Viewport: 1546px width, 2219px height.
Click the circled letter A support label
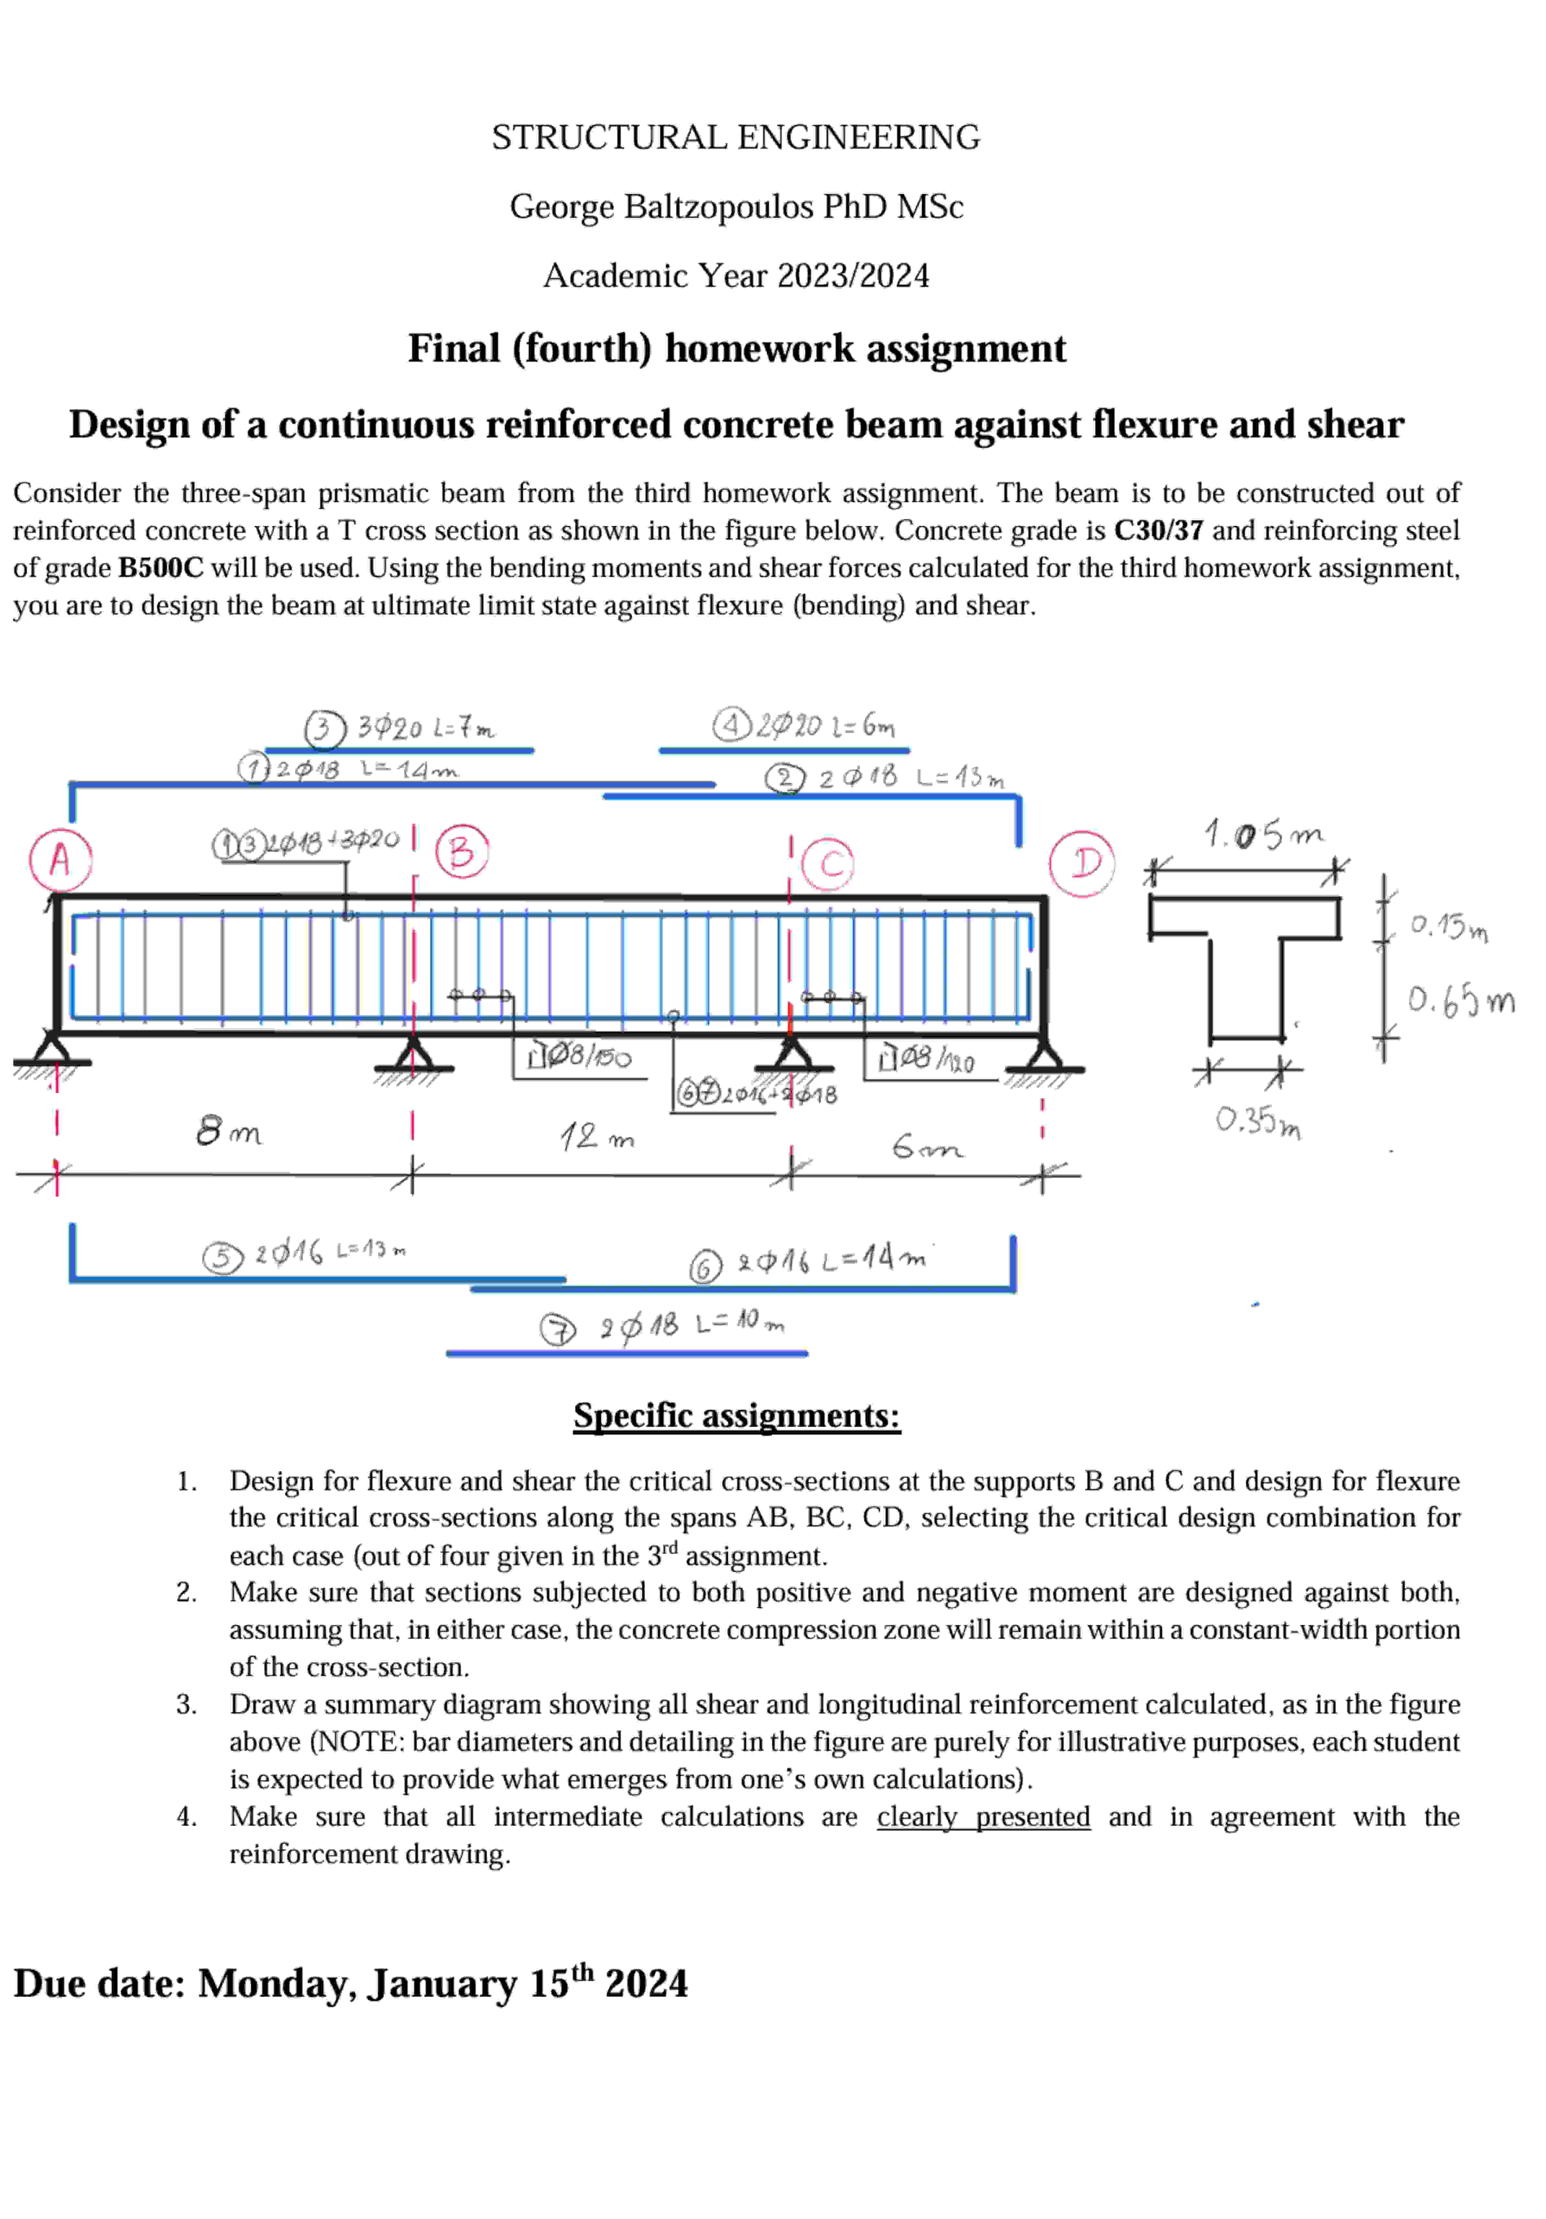coord(60,858)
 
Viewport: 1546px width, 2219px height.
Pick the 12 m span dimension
coord(596,1136)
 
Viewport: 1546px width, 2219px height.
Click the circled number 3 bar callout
coord(325,729)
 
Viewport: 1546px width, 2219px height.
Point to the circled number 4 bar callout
coord(731,725)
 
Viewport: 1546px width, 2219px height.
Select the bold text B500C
coord(160,567)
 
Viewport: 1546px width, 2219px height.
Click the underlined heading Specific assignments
coord(736,1415)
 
